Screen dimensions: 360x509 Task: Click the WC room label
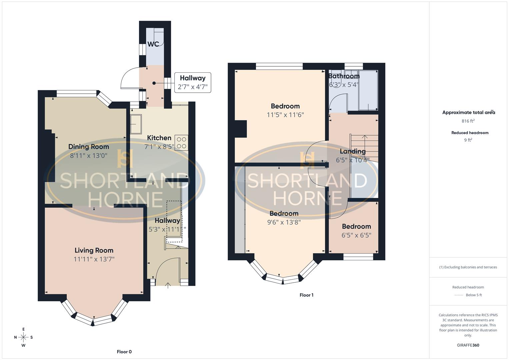pos(153,44)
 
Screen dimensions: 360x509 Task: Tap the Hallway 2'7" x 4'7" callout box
pos(193,83)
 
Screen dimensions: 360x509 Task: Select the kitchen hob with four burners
pos(181,143)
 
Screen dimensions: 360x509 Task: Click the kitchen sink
pos(136,124)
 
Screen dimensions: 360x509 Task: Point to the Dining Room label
pos(88,147)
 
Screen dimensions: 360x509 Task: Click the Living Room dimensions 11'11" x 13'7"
pos(94,259)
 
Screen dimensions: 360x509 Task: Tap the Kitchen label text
pos(159,138)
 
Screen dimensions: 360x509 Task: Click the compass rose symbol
pos(23,337)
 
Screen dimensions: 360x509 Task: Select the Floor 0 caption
pos(124,352)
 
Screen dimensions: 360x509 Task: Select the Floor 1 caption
pos(306,295)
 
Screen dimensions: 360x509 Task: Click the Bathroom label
pos(344,76)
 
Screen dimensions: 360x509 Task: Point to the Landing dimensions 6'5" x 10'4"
pos(352,160)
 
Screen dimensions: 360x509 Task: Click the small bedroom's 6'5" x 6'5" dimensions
pos(356,235)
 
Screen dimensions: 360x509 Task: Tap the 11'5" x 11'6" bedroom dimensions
pos(285,115)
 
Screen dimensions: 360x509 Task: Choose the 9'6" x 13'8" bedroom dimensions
pos(284,222)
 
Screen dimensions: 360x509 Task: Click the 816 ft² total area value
pos(468,121)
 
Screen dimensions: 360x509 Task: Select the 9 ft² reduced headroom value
pos(468,140)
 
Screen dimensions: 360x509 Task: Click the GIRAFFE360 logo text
pos(468,345)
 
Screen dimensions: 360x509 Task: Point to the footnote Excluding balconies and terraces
pos(468,267)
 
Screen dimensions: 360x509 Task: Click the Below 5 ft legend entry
pos(473,295)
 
